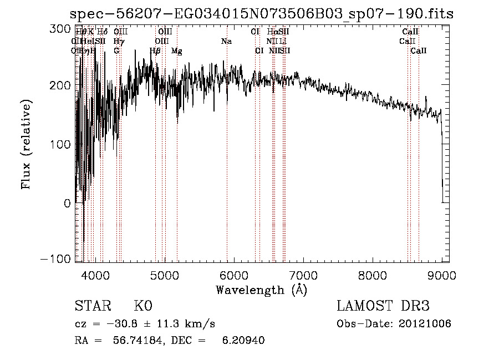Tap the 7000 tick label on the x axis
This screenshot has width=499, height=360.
coord(303,274)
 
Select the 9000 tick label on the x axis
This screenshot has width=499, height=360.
coord(442,274)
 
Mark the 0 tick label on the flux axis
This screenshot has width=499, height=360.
coord(67,203)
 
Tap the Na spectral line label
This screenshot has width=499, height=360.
coord(226,42)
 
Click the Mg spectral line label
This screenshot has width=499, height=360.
coord(177,51)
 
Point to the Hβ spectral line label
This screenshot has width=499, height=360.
coord(155,51)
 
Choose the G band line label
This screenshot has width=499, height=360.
coord(116,51)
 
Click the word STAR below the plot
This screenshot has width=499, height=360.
coord(92,306)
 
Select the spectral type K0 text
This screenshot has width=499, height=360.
coord(143,306)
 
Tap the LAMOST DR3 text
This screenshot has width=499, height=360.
coord(383,306)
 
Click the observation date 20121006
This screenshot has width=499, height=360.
coord(425,324)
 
